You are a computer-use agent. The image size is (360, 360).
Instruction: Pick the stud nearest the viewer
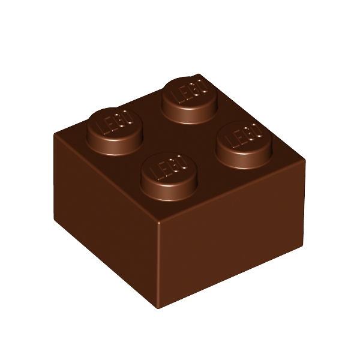coord(169,174)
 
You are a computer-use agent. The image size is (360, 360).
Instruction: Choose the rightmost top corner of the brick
coord(305,161)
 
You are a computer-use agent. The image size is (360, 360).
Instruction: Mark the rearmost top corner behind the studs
coord(198,74)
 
